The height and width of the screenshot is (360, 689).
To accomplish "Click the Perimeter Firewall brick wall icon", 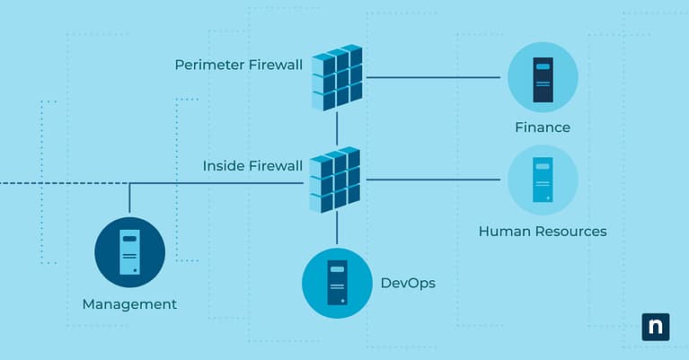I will [x=337, y=78].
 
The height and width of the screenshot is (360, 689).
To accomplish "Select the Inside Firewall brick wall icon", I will [x=335, y=180].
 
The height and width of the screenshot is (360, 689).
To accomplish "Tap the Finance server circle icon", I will [x=543, y=77].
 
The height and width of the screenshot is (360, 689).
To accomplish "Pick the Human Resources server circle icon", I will [x=542, y=180].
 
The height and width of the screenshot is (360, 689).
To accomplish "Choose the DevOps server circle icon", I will [x=337, y=283].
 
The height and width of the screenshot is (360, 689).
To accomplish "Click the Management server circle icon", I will [x=130, y=251].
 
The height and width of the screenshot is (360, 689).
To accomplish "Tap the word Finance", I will [x=543, y=127].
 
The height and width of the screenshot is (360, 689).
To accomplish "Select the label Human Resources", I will [x=543, y=231].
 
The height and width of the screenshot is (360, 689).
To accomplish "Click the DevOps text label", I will [x=408, y=283].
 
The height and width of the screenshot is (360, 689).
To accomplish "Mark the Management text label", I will [x=129, y=304].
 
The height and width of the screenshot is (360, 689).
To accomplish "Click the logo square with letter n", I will [x=656, y=327].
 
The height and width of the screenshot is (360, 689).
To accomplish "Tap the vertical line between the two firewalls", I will [x=337, y=129].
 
